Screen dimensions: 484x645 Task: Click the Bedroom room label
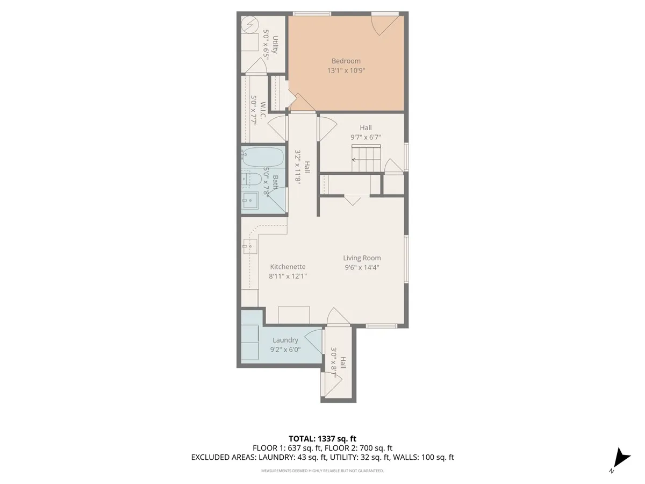346,61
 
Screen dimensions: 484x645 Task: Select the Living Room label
362,258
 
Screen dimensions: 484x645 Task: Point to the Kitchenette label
288,267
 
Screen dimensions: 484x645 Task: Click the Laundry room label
285,340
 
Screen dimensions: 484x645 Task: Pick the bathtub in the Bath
262,156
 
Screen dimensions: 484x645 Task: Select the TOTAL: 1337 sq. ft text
322,439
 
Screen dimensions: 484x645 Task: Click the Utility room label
275,45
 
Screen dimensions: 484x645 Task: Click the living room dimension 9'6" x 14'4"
362,267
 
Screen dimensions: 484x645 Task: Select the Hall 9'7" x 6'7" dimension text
365,137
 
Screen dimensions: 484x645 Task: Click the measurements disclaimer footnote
322,471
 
